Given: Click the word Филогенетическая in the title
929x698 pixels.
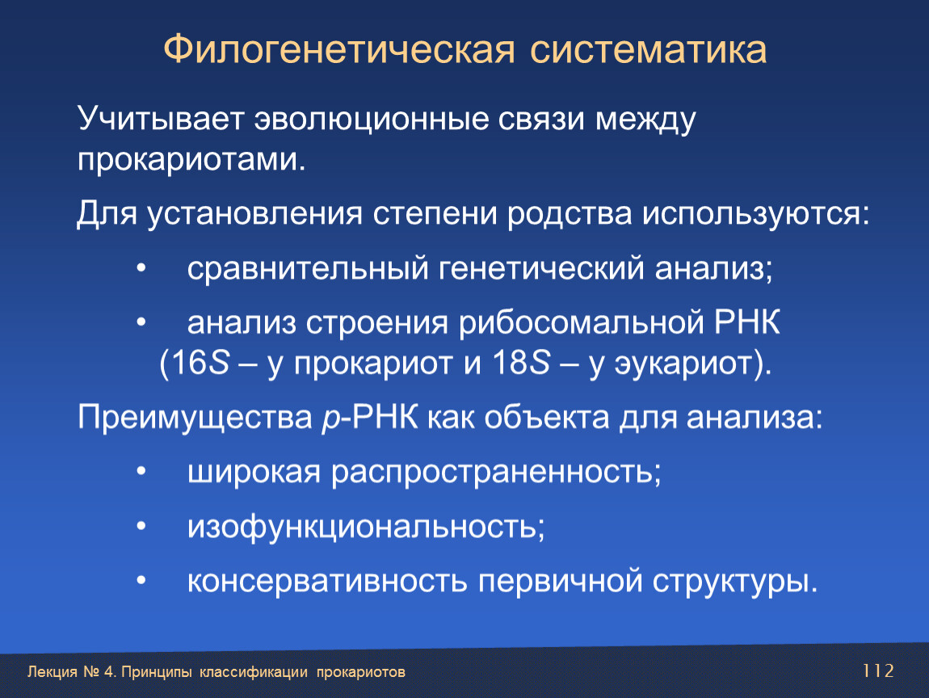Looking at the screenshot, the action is pos(339,50).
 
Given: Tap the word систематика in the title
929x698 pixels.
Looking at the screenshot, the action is pos(648,50).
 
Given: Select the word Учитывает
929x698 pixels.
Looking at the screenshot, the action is pos(161,120).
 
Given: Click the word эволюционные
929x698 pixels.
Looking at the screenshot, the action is pos(372,120).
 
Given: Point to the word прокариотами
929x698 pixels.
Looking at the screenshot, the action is pos(191,160).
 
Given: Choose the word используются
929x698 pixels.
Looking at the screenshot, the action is pos(756,214).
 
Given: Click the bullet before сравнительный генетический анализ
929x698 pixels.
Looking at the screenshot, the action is pos(141,269).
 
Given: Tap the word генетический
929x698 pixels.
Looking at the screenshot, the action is pos(541,269).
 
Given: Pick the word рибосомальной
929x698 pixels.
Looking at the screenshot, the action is pos(581,323).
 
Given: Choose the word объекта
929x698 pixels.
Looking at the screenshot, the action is pos(547,417).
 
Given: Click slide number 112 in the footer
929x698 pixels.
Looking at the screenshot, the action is pos(878,671).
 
